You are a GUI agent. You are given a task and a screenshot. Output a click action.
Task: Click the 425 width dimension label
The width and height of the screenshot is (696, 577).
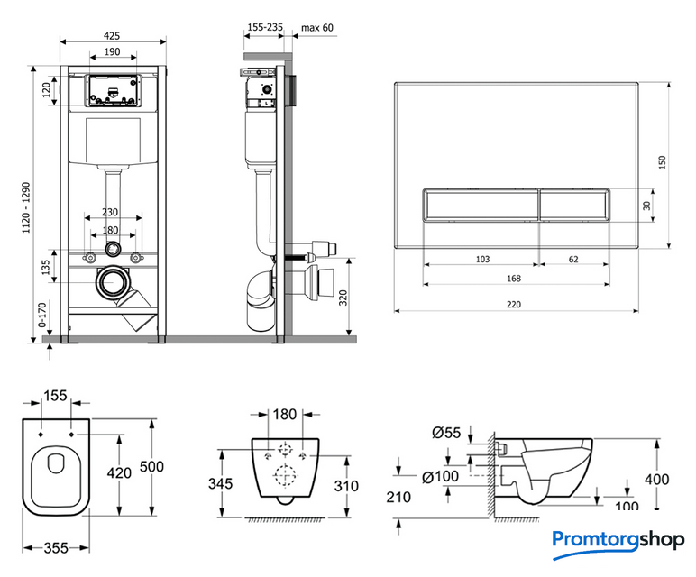coord(113,35)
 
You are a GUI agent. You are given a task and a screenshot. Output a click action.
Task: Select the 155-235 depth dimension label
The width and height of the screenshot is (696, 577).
coord(264,28)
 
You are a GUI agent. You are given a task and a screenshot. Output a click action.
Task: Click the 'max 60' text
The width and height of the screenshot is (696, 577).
coord(316,28)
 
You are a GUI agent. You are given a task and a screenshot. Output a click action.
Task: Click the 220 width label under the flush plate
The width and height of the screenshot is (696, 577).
coord(513,304)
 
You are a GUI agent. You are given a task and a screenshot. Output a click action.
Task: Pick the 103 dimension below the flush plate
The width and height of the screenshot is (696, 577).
coord(482,260)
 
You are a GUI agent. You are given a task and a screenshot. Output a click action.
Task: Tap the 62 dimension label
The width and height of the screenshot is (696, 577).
coord(574,260)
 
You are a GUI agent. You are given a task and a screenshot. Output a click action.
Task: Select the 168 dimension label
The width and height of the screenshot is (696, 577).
coord(513,279)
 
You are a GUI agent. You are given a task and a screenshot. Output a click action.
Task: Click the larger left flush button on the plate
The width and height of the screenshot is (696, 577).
coord(481,206)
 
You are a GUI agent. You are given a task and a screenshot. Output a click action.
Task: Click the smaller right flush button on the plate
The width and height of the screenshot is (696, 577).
coord(573,206)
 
